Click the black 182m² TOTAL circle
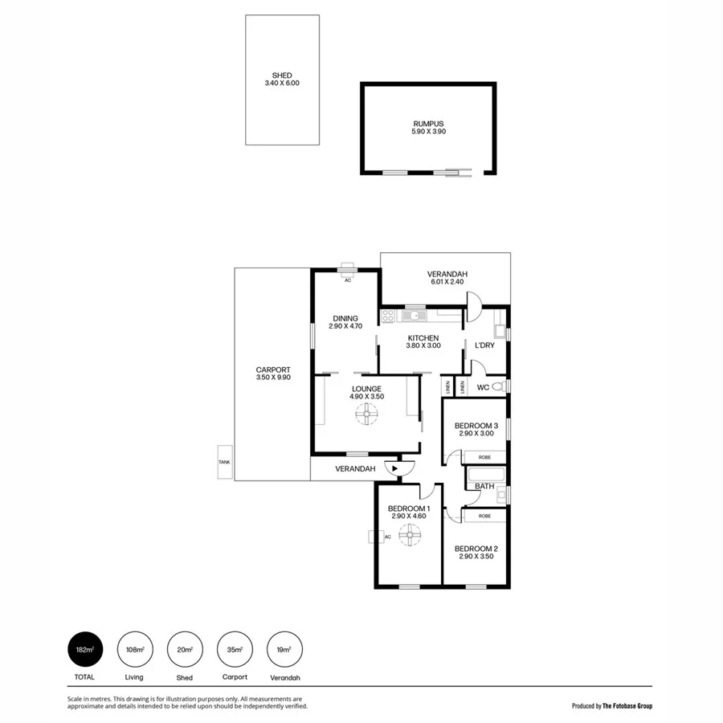pyautogui.click(x=84, y=650)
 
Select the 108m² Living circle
pyautogui.click(x=134, y=650)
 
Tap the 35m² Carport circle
pyautogui.click(x=234, y=650)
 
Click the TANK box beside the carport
pyautogui.click(x=224, y=463)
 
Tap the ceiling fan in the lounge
pyautogui.click(x=366, y=414)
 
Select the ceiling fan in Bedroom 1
pyautogui.click(x=410, y=534)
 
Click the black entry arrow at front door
pyautogui.click(x=394, y=468)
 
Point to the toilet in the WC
pyautogui.click(x=498, y=387)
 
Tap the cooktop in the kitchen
pyautogui.click(x=388, y=317)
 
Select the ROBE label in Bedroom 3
pyautogui.click(x=484, y=457)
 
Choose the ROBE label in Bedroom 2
pyautogui.click(x=484, y=516)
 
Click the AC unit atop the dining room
pyautogui.click(x=348, y=271)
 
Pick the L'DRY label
pyautogui.click(x=484, y=345)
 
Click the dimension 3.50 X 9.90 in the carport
pyautogui.click(x=272, y=377)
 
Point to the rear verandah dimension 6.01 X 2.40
pyautogui.click(x=447, y=282)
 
